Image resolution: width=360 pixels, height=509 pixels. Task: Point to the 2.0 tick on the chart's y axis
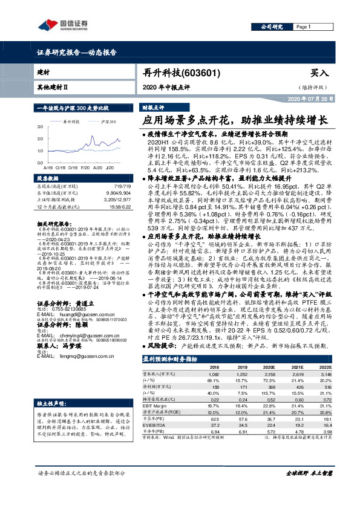point(40,137)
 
